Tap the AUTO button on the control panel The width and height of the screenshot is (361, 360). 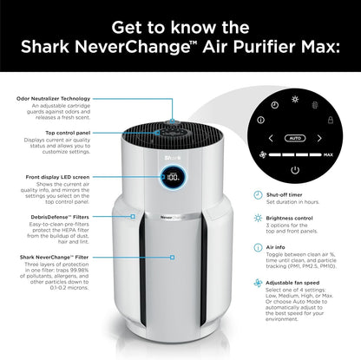click(x=294, y=137)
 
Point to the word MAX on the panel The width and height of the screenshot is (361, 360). click(x=328, y=154)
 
